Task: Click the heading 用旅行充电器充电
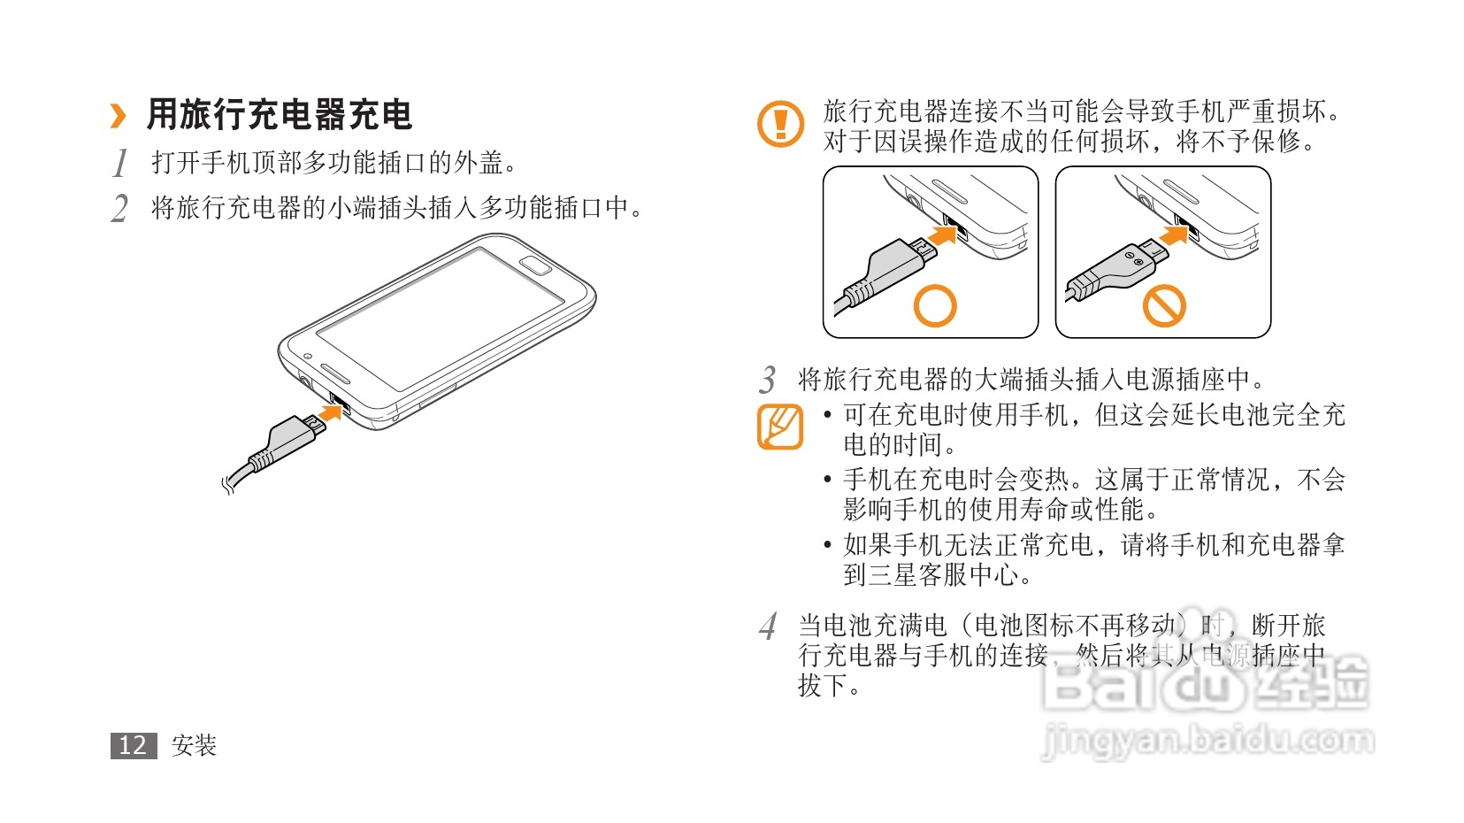tap(279, 114)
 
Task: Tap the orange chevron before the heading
tap(119, 116)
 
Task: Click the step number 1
tap(119, 163)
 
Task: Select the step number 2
tap(119, 209)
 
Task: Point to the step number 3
tap(767, 380)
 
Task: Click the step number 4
tap(768, 627)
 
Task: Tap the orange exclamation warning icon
tap(780, 124)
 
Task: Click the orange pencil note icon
tap(780, 427)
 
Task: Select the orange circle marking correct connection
tap(935, 305)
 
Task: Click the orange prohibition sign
tap(1164, 305)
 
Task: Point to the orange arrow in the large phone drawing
tap(332, 411)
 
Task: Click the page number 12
tap(134, 745)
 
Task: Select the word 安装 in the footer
tap(194, 745)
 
